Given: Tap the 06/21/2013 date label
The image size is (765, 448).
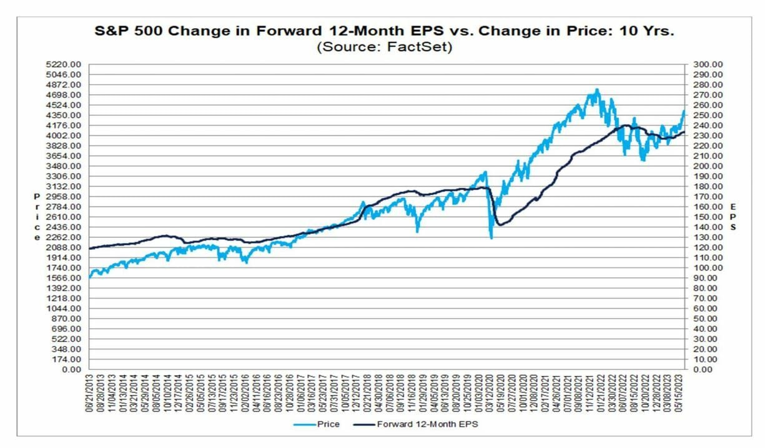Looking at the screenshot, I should (90, 392).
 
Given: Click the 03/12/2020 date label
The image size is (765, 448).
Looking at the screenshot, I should (490, 392).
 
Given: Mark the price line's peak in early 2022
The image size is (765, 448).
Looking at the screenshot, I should (598, 89).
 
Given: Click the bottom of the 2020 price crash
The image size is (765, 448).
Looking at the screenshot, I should (491, 238).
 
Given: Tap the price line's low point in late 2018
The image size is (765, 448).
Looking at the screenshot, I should (417, 232).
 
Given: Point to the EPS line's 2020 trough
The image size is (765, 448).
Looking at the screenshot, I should (498, 225).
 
